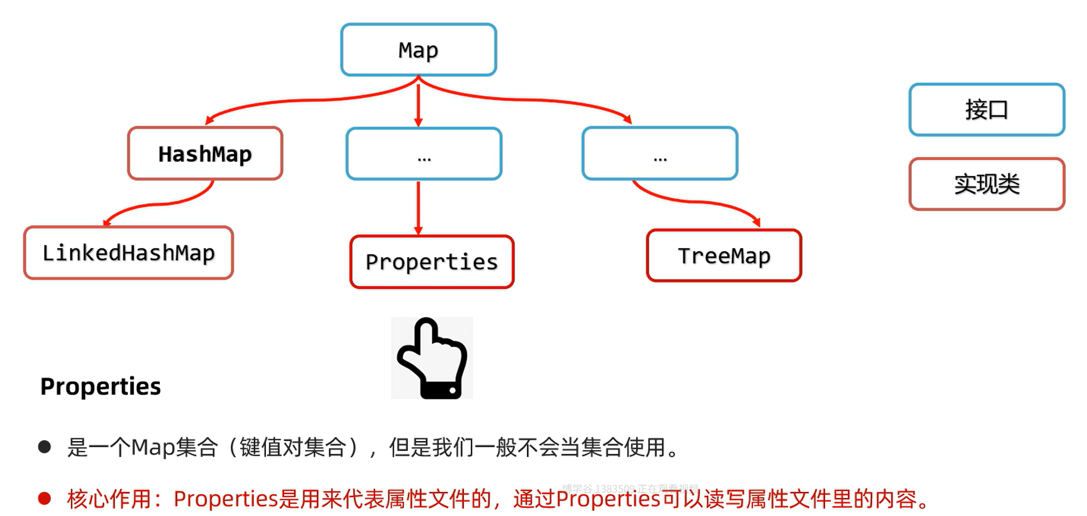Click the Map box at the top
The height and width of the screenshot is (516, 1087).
click(x=418, y=50)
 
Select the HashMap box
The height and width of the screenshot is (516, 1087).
click(x=205, y=154)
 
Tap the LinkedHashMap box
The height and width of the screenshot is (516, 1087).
click(x=128, y=253)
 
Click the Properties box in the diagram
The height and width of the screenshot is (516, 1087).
click(x=432, y=262)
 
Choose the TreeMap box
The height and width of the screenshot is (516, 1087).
click(x=724, y=256)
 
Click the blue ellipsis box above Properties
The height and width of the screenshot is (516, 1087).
click(x=424, y=154)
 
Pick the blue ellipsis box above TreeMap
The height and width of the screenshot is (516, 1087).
click(x=660, y=154)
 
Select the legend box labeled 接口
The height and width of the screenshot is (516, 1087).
click(x=987, y=110)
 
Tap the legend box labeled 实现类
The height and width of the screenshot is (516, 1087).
click(x=987, y=184)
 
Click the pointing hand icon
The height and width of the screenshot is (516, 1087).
click(x=432, y=358)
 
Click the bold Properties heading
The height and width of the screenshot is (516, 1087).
click(x=100, y=387)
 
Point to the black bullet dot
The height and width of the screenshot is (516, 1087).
click(x=45, y=447)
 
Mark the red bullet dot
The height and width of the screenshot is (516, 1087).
click(x=45, y=498)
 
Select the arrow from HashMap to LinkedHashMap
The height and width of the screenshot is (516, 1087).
click(x=159, y=205)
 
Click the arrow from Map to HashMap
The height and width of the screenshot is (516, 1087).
click(x=308, y=99)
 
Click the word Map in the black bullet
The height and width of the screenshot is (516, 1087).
click(x=153, y=447)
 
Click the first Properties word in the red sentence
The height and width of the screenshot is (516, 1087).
click(x=226, y=499)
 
